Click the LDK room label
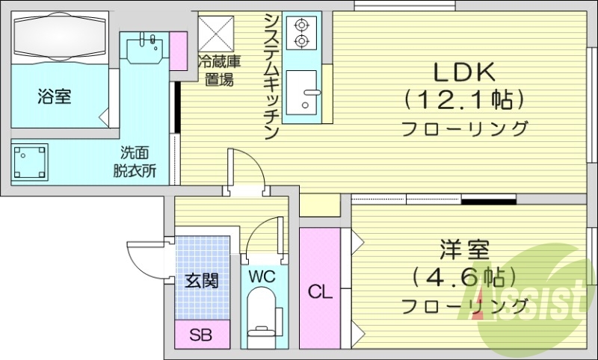pyautogui.click(x=464, y=72)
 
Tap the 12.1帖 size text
pyautogui.click(x=464, y=100)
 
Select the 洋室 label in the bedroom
pyautogui.click(x=464, y=249)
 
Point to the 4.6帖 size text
pyautogui.click(x=464, y=277)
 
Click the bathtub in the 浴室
pyautogui.click(x=60, y=37)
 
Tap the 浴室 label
pyautogui.click(x=54, y=96)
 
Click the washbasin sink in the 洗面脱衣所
pyautogui.click(x=145, y=47)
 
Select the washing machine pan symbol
pyautogui.click(x=30, y=162)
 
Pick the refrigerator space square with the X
pyautogui.click(x=216, y=33)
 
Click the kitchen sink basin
pyautogui.click(x=302, y=92)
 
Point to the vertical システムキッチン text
pyautogui.click(x=272, y=76)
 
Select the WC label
pyautogui.click(x=262, y=276)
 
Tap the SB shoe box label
pyautogui.click(x=200, y=335)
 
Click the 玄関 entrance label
pyautogui.click(x=202, y=281)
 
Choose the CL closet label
pyautogui.click(x=320, y=292)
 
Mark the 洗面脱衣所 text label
pyautogui.click(x=135, y=162)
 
